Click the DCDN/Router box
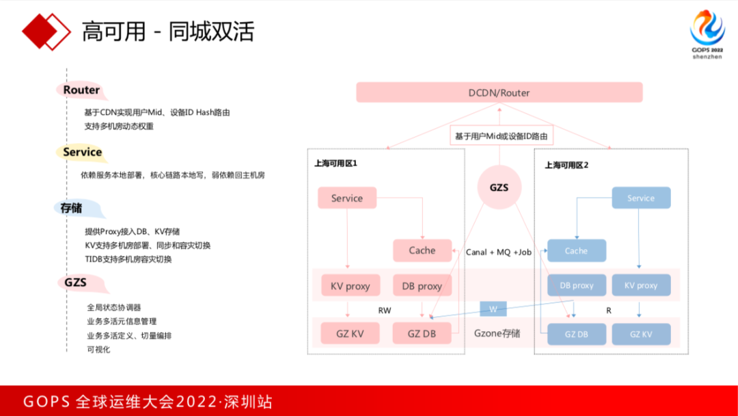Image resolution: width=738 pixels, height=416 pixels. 499,92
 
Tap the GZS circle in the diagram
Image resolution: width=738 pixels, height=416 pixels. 500,186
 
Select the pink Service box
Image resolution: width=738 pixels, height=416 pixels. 346,198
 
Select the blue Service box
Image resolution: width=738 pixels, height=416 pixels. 640,198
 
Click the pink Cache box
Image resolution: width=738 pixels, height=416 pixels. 422,250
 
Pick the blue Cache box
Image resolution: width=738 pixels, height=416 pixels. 576,250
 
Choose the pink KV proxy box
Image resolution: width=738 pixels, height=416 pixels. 350,285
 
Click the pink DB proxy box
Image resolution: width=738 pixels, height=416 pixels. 422,285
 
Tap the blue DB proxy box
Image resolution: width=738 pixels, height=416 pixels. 576,285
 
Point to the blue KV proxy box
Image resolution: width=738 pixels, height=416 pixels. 640,285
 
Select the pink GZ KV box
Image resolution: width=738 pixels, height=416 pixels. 350,334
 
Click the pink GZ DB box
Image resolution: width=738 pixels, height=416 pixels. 422,334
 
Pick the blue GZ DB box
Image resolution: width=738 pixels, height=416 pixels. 576,334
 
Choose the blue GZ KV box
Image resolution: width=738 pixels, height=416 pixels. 640,334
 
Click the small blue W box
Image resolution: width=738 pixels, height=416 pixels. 492,309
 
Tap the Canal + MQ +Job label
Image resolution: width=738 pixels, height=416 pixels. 498,252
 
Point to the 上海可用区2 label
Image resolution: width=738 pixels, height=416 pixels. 566,165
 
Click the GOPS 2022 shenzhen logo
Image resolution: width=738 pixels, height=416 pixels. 707,34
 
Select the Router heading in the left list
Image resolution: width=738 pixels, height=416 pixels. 81,90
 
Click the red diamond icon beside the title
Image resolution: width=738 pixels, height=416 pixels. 46,30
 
